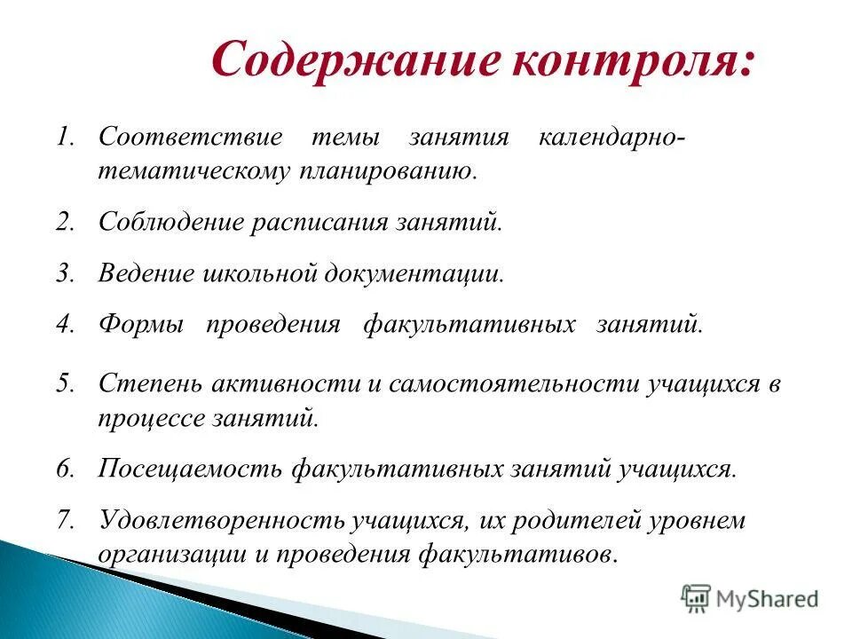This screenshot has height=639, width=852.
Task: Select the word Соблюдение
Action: [x=170, y=222]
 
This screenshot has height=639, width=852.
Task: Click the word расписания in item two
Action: [x=319, y=222]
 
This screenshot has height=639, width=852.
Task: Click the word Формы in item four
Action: [x=141, y=325]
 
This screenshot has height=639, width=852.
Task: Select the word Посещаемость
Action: [x=190, y=469]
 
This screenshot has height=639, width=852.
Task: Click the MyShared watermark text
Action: [x=767, y=599]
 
